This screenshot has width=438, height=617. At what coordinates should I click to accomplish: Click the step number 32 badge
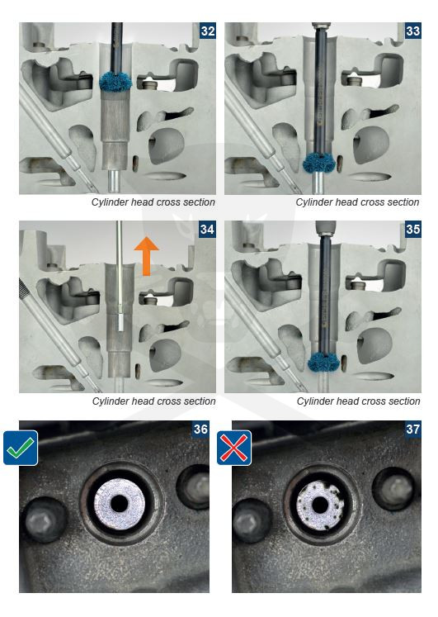[x=207, y=31]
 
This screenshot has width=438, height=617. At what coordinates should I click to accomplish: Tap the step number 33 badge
[x=413, y=31]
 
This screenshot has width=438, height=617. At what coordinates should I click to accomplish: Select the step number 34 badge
[x=207, y=229]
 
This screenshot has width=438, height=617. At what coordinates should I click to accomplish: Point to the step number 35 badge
[x=413, y=229]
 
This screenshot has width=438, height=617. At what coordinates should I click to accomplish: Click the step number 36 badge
[x=200, y=429]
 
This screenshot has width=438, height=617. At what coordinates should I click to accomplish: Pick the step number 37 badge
[x=413, y=429]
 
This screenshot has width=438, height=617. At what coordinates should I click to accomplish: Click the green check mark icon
[x=21, y=448]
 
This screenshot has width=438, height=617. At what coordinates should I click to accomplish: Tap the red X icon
[x=234, y=448]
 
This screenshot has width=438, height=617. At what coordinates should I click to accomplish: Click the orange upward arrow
[x=146, y=256]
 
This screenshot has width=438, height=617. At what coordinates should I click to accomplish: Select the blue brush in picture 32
[x=115, y=82]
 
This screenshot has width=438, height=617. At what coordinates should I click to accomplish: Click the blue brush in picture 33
[x=318, y=163]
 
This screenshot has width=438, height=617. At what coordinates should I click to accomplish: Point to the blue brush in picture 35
[x=323, y=362]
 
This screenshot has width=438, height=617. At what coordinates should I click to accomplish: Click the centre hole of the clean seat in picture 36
[x=119, y=503]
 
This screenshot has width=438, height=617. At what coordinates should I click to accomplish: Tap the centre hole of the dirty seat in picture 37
[x=320, y=504]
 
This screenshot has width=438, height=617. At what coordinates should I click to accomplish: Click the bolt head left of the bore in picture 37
[x=252, y=520]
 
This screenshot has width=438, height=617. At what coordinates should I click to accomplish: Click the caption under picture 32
[x=153, y=202]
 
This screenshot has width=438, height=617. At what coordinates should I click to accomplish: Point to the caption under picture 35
[x=358, y=401]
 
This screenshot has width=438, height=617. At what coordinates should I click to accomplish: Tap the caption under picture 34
[x=154, y=401]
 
